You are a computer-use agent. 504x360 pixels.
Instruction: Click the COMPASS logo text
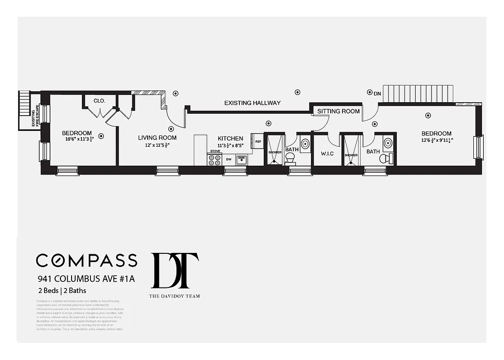[86, 260]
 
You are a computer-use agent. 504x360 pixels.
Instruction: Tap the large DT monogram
[175, 270]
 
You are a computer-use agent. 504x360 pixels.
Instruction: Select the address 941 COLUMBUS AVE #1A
[85, 279]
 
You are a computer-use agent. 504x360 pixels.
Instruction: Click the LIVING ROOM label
[157, 138]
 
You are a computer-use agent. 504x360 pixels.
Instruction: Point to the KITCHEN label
[230, 139]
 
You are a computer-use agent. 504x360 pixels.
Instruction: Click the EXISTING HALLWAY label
[252, 103]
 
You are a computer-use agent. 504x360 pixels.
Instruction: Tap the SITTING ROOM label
[338, 111]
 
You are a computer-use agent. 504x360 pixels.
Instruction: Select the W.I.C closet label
[327, 153]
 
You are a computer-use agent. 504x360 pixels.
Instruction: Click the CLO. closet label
[99, 101]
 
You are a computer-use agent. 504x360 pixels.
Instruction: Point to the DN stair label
[377, 94]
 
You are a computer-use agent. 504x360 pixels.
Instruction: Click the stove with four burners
[214, 160]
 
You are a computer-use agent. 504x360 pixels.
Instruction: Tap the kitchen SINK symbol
[242, 159]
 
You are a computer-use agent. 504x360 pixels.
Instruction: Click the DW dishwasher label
[229, 159]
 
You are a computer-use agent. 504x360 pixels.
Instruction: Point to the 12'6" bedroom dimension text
[436, 140]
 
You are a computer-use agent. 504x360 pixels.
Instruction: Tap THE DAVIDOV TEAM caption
[175, 296]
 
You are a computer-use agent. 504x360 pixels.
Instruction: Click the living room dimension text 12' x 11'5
[157, 145]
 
